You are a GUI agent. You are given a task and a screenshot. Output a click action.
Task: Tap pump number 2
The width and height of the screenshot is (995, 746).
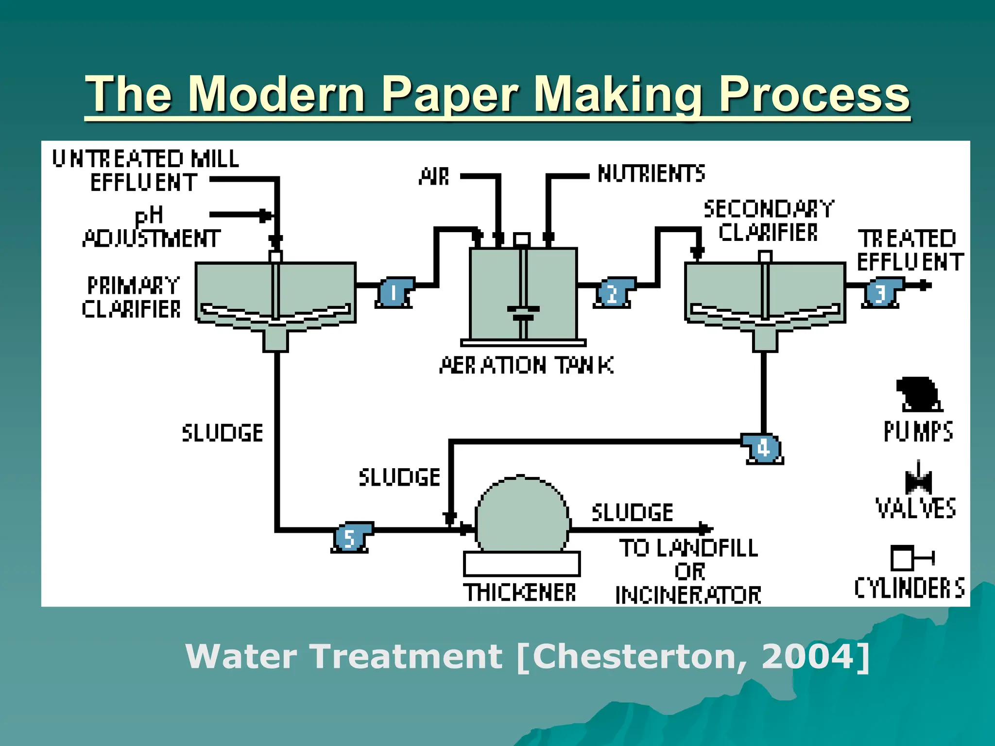click(612, 293)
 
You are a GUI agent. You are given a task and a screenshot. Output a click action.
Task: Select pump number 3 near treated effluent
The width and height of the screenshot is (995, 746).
click(881, 293)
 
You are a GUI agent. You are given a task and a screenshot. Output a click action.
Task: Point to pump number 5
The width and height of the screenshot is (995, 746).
click(350, 538)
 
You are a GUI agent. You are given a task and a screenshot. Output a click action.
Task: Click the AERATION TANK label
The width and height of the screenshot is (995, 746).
click(526, 366)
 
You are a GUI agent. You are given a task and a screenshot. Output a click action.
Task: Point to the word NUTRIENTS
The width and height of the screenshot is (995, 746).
click(651, 174)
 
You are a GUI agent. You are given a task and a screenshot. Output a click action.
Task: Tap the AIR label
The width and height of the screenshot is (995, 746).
click(434, 177)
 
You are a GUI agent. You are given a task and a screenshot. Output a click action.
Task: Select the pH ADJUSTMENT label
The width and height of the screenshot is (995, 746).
click(151, 228)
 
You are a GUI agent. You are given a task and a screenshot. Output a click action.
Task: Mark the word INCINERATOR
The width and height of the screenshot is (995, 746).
click(688, 595)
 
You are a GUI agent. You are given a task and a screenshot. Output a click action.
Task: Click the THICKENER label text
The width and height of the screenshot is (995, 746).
click(520, 593)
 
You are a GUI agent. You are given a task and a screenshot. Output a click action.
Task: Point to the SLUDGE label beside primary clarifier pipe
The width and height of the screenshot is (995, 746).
click(223, 433)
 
